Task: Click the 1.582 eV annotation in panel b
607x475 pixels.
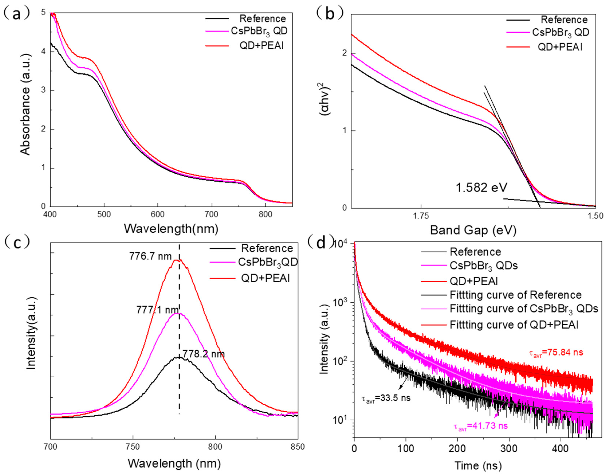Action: tap(481, 187)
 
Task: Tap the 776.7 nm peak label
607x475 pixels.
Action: tap(150, 256)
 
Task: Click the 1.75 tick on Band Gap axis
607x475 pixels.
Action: tap(421, 216)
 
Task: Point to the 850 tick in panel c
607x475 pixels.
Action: tap(298, 447)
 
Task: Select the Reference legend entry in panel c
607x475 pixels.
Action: tap(267, 248)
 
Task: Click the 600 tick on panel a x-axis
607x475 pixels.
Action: tap(158, 214)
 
